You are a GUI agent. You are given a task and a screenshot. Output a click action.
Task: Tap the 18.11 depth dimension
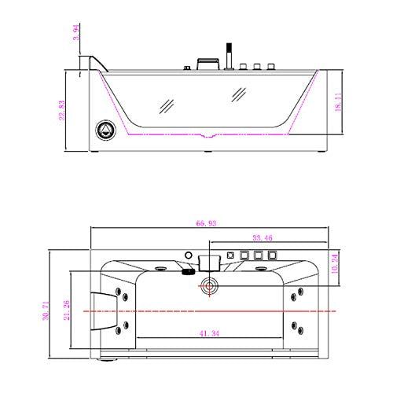[339, 105]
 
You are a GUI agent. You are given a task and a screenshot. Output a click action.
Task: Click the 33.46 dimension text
[262, 236]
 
